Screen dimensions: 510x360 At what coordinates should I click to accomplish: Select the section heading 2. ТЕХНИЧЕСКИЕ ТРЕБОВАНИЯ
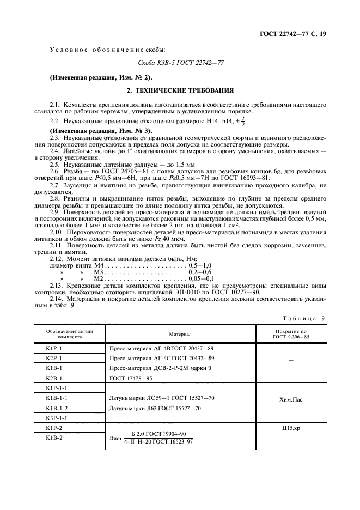tap(180, 90)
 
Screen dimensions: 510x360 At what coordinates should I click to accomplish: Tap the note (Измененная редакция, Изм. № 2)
tap(94, 77)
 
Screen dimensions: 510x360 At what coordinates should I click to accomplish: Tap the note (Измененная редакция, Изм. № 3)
tap(94, 131)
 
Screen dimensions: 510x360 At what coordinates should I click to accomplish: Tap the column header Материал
tap(180, 333)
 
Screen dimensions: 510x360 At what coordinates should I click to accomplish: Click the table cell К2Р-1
tap(54, 358)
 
